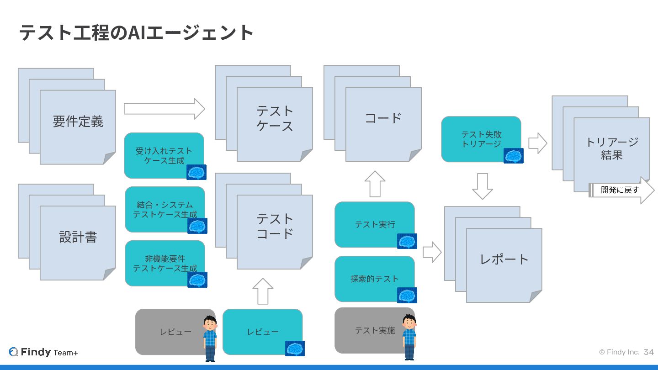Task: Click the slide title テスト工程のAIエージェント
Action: pos(136,33)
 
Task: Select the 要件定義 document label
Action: pos(78,122)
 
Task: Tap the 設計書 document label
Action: pos(78,237)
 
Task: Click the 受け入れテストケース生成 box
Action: pos(164,155)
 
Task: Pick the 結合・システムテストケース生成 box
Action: pos(164,209)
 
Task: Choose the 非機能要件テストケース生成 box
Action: pos(164,263)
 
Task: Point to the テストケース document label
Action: pos(275,118)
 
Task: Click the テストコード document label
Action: pos(275,226)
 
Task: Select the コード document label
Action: pos(383,118)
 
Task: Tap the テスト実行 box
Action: pos(374,224)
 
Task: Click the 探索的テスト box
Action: pos(374,279)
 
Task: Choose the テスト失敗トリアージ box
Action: pos(481,139)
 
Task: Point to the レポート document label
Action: pos(504,259)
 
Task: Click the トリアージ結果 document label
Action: pos(611,148)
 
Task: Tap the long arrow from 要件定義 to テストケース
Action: pos(164,109)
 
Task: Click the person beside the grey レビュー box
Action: pos(210,338)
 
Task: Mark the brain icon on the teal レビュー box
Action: pos(295,349)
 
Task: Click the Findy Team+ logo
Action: pos(43,352)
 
